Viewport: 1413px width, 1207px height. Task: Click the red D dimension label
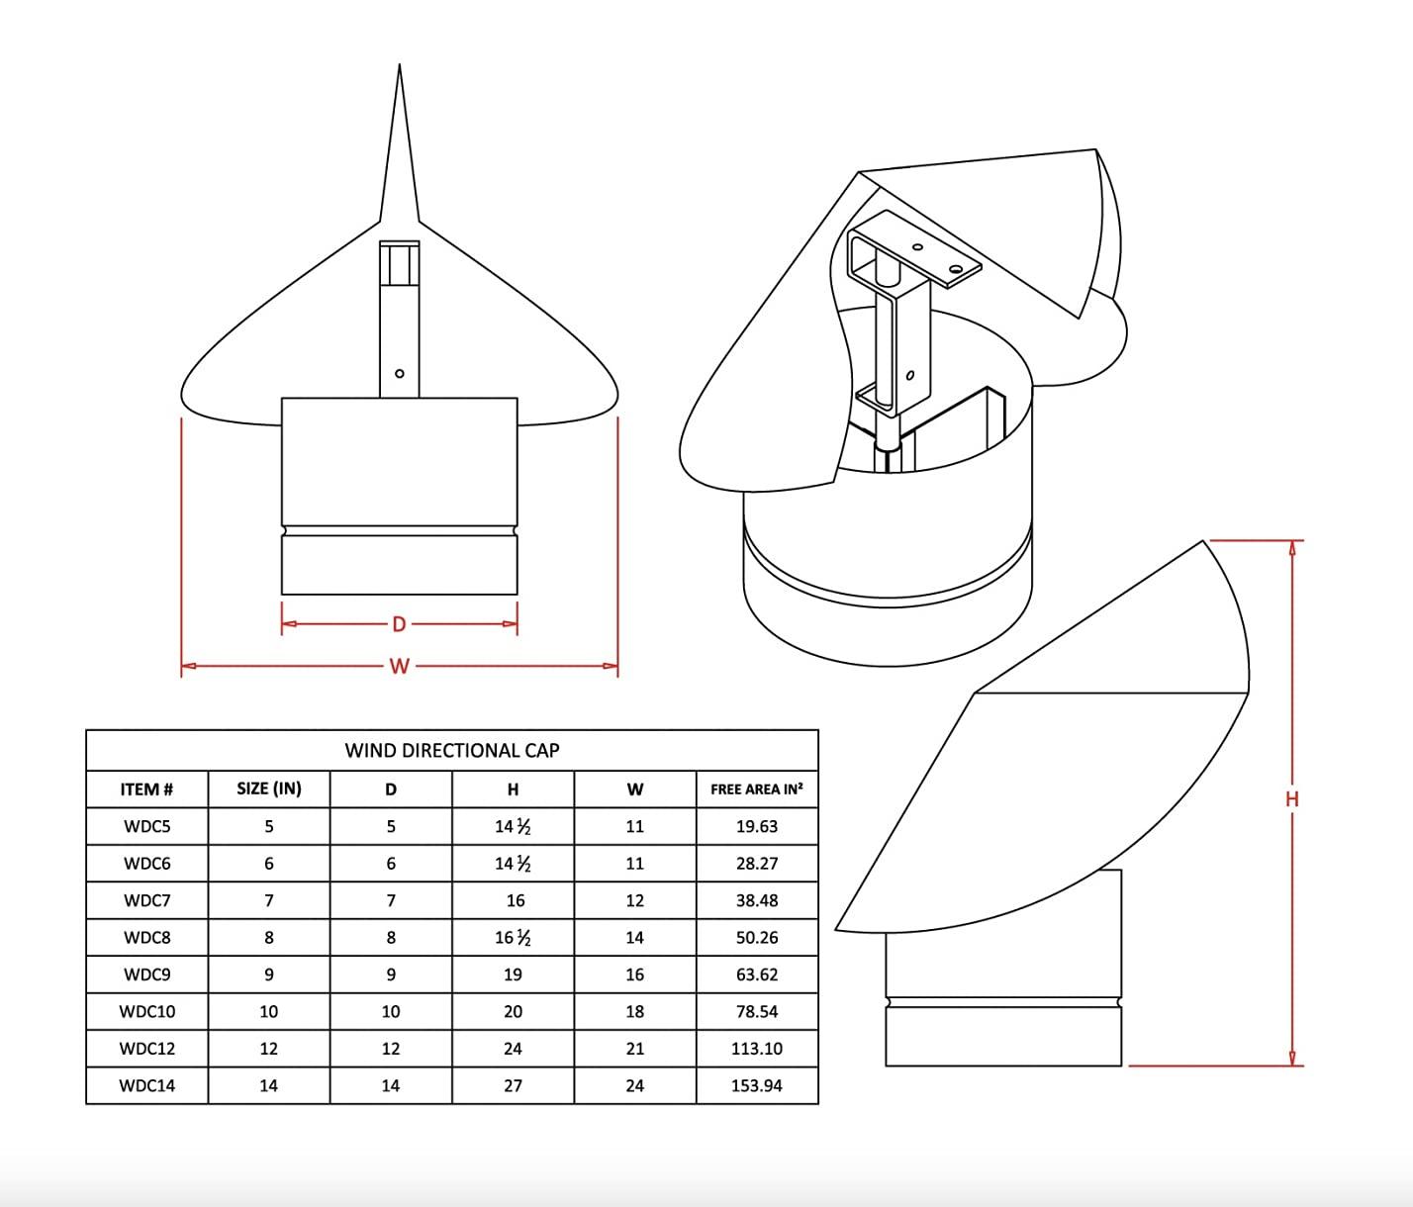[x=399, y=624]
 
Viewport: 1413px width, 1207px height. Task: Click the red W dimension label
[x=399, y=666]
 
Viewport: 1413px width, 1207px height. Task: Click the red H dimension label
[x=1292, y=799]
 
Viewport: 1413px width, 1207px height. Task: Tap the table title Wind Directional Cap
[x=452, y=751]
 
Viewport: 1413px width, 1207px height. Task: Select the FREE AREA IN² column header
[x=757, y=789]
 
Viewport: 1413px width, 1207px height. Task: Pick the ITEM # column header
[x=146, y=789]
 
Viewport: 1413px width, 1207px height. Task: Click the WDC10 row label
[x=146, y=1012]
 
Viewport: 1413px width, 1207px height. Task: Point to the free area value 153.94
[x=757, y=1086]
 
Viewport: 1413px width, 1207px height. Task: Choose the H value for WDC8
[x=513, y=938]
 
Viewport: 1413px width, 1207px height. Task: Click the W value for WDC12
[x=635, y=1049]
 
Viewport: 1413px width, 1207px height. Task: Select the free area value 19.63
[x=757, y=827]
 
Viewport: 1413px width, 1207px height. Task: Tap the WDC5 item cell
[x=146, y=827]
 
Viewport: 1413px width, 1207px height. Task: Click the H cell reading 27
[x=513, y=1086]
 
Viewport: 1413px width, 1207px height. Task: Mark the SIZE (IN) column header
[x=269, y=789]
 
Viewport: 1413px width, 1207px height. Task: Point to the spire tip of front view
[x=400, y=67]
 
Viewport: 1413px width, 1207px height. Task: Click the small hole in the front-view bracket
[x=400, y=374]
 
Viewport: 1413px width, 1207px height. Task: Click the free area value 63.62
[x=757, y=975]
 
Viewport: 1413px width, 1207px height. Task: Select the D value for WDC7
[x=391, y=901]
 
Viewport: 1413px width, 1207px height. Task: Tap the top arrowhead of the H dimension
[x=1292, y=547]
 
